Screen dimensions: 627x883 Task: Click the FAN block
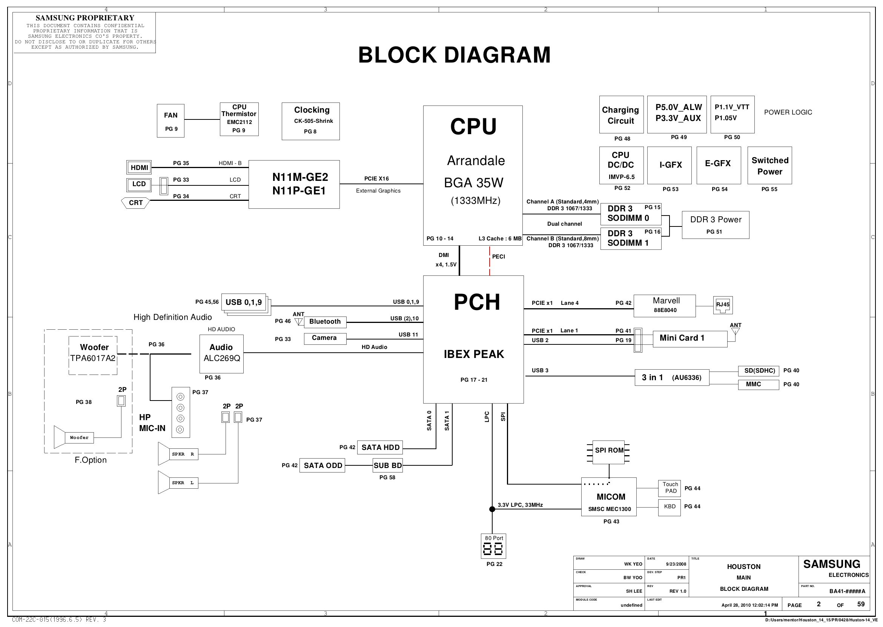pyautogui.click(x=170, y=121)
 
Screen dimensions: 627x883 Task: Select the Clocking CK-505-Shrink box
pyautogui.click(x=311, y=121)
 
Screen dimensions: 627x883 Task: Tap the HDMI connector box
pyautogui.click(x=139, y=167)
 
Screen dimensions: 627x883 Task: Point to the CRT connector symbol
pyautogui.click(x=136, y=203)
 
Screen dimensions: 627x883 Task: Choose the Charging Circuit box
pyautogui.click(x=621, y=115)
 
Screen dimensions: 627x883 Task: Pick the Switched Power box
pyautogui.click(x=769, y=165)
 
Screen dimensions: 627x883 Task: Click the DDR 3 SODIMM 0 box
pyautogui.click(x=631, y=214)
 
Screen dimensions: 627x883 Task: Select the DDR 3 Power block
pyautogui.click(x=715, y=225)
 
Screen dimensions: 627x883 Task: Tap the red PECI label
pyautogui.click(x=498, y=256)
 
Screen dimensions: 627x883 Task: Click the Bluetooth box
pyautogui.click(x=325, y=322)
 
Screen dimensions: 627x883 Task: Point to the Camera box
pyautogui.click(x=325, y=338)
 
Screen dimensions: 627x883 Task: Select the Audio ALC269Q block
pyautogui.click(x=221, y=353)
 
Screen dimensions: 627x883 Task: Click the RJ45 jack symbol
pyautogui.click(x=723, y=305)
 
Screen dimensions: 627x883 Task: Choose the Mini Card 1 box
pyautogui.click(x=690, y=339)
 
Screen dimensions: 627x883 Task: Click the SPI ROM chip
pyautogui.click(x=609, y=451)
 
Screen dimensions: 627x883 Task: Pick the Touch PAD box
pyautogui.click(x=669, y=488)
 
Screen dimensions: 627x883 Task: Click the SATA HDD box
pyautogui.click(x=380, y=448)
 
